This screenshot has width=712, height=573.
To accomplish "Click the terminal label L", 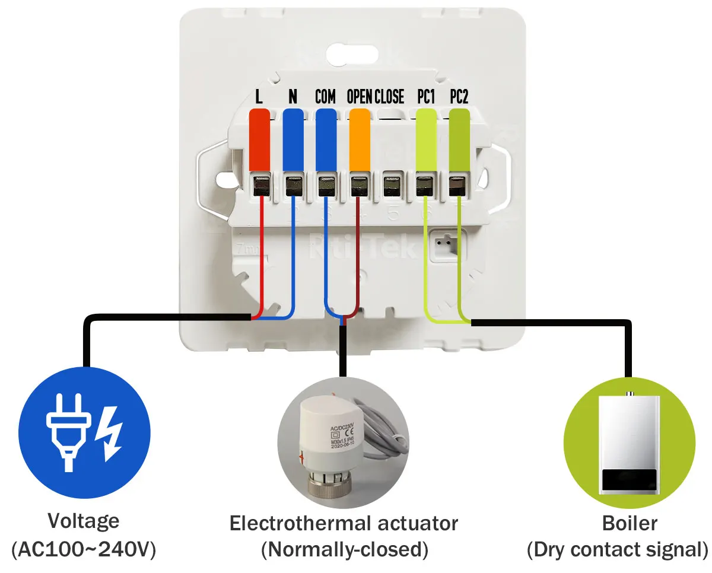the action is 259,97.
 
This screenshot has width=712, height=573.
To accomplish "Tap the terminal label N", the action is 292,97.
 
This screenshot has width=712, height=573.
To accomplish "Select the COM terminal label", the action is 325,97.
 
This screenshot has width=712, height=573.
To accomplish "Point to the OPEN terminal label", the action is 359,97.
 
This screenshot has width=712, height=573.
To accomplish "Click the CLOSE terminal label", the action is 389,97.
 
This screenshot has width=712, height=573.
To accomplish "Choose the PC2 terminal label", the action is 459,97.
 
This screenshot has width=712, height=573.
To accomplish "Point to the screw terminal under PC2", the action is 458,186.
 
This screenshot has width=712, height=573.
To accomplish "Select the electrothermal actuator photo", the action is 342,442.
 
